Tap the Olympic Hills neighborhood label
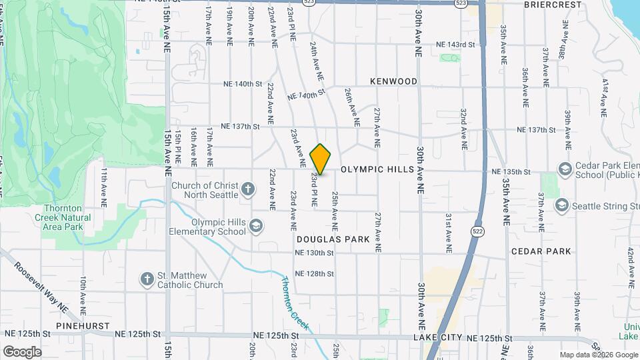click(377, 170)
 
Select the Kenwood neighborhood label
click(394, 81)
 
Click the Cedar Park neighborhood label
click(541, 251)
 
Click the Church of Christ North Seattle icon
click(247, 189)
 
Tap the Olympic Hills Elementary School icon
click(255, 227)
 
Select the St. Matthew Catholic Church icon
click(147, 279)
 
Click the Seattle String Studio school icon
click(561, 205)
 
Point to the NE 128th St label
click(314, 274)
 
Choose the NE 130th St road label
click(314, 253)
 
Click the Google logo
click(22, 351)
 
